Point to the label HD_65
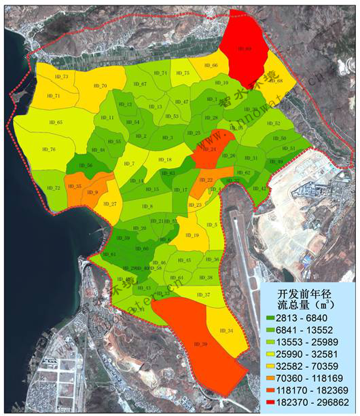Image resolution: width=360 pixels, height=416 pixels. point(56,122)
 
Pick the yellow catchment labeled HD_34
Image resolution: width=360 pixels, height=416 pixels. point(226,330)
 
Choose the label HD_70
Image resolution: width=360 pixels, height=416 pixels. point(100,86)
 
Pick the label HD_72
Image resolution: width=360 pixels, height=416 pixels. point(52,188)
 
